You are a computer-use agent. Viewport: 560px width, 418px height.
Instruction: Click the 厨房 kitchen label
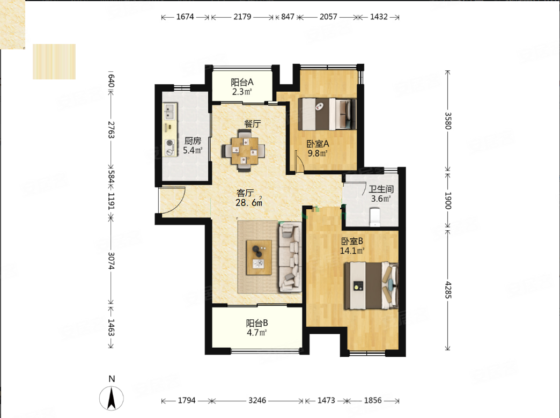pyautogui.click(x=193, y=141)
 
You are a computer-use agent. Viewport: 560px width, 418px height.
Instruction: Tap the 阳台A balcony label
pyautogui.click(x=242, y=82)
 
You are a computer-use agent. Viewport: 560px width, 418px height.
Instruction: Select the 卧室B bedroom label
pyautogui.click(x=352, y=241)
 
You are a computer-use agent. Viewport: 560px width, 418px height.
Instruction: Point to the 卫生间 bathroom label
pyautogui.click(x=381, y=189)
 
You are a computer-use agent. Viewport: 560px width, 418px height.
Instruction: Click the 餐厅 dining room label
pyautogui.click(x=252, y=124)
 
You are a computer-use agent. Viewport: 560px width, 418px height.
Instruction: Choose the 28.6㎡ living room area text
pyautogui.click(x=249, y=203)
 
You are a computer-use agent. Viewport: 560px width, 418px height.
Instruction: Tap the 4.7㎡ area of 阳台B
pyautogui.click(x=257, y=333)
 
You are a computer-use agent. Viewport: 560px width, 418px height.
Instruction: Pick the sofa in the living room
pyautogui.click(x=290, y=256)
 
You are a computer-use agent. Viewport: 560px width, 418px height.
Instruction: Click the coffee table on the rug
pyautogui.click(x=259, y=258)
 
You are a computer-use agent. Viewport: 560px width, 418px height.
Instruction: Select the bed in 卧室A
pyautogui.click(x=327, y=114)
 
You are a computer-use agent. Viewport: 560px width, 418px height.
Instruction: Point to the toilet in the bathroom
pyautogui.click(x=375, y=217)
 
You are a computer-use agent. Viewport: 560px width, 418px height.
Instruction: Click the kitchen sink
pyautogui.click(x=170, y=112)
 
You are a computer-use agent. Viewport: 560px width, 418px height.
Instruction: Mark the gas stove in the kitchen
pyautogui.click(x=170, y=148)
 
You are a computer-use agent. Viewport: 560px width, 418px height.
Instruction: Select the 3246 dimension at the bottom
pyautogui.click(x=257, y=400)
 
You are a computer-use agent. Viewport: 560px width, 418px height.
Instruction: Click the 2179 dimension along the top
pyautogui.click(x=242, y=17)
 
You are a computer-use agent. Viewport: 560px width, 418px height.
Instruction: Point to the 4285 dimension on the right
pyautogui.click(x=448, y=290)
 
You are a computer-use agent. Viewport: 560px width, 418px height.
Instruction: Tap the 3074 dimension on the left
pyautogui.click(x=111, y=261)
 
